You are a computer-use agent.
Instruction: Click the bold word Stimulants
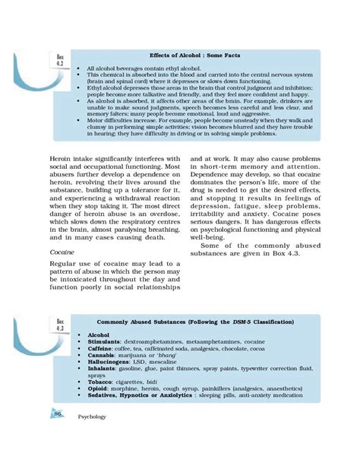pyautogui.click(x=106, y=343)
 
